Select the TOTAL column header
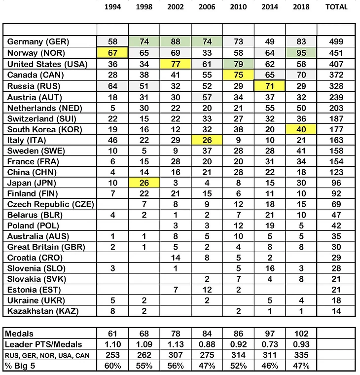tap(338, 7)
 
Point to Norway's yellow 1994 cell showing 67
tap(112, 53)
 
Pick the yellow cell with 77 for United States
tap(176, 64)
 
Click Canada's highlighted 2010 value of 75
tap(239, 75)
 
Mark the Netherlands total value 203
tap(338, 108)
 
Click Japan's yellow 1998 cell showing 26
tap(144, 183)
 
